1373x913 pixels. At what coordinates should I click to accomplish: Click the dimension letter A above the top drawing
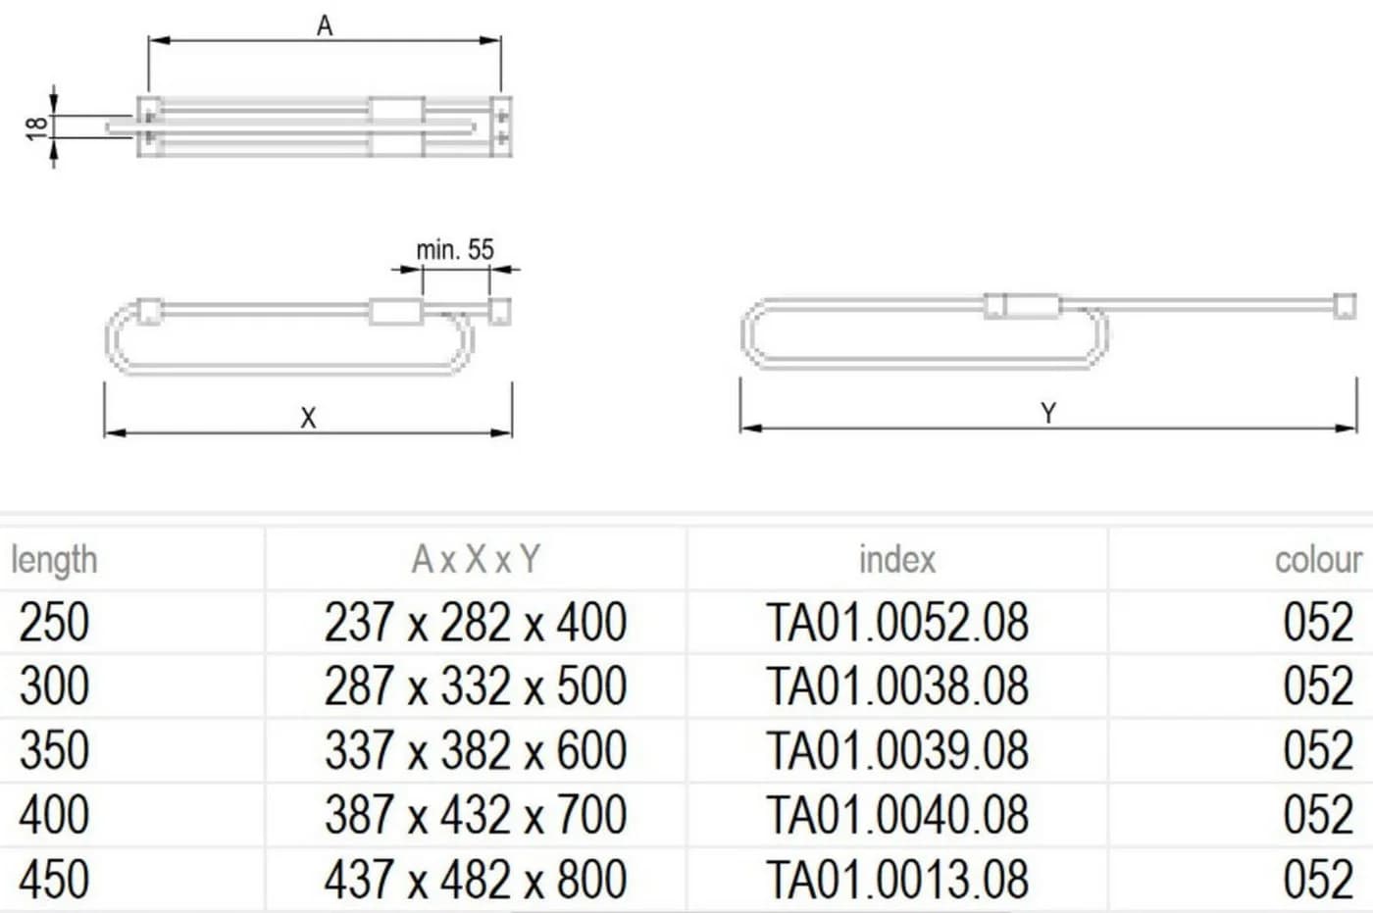pyautogui.click(x=325, y=25)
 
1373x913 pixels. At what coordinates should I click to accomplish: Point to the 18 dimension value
pyautogui.click(x=37, y=128)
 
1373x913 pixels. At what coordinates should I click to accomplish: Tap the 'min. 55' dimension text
pyautogui.click(x=455, y=250)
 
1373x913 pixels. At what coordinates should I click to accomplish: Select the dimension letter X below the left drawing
pyautogui.click(x=308, y=418)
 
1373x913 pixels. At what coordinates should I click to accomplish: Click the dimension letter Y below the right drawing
pyautogui.click(x=1048, y=413)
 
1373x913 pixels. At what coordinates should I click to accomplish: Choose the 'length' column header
pyautogui.click(x=54, y=560)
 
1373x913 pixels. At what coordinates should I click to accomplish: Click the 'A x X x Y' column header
pyautogui.click(x=476, y=559)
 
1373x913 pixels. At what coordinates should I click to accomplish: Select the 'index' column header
pyautogui.click(x=897, y=559)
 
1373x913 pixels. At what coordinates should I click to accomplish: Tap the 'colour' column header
pyautogui.click(x=1319, y=559)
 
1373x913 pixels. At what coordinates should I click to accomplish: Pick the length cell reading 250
pyautogui.click(x=54, y=622)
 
